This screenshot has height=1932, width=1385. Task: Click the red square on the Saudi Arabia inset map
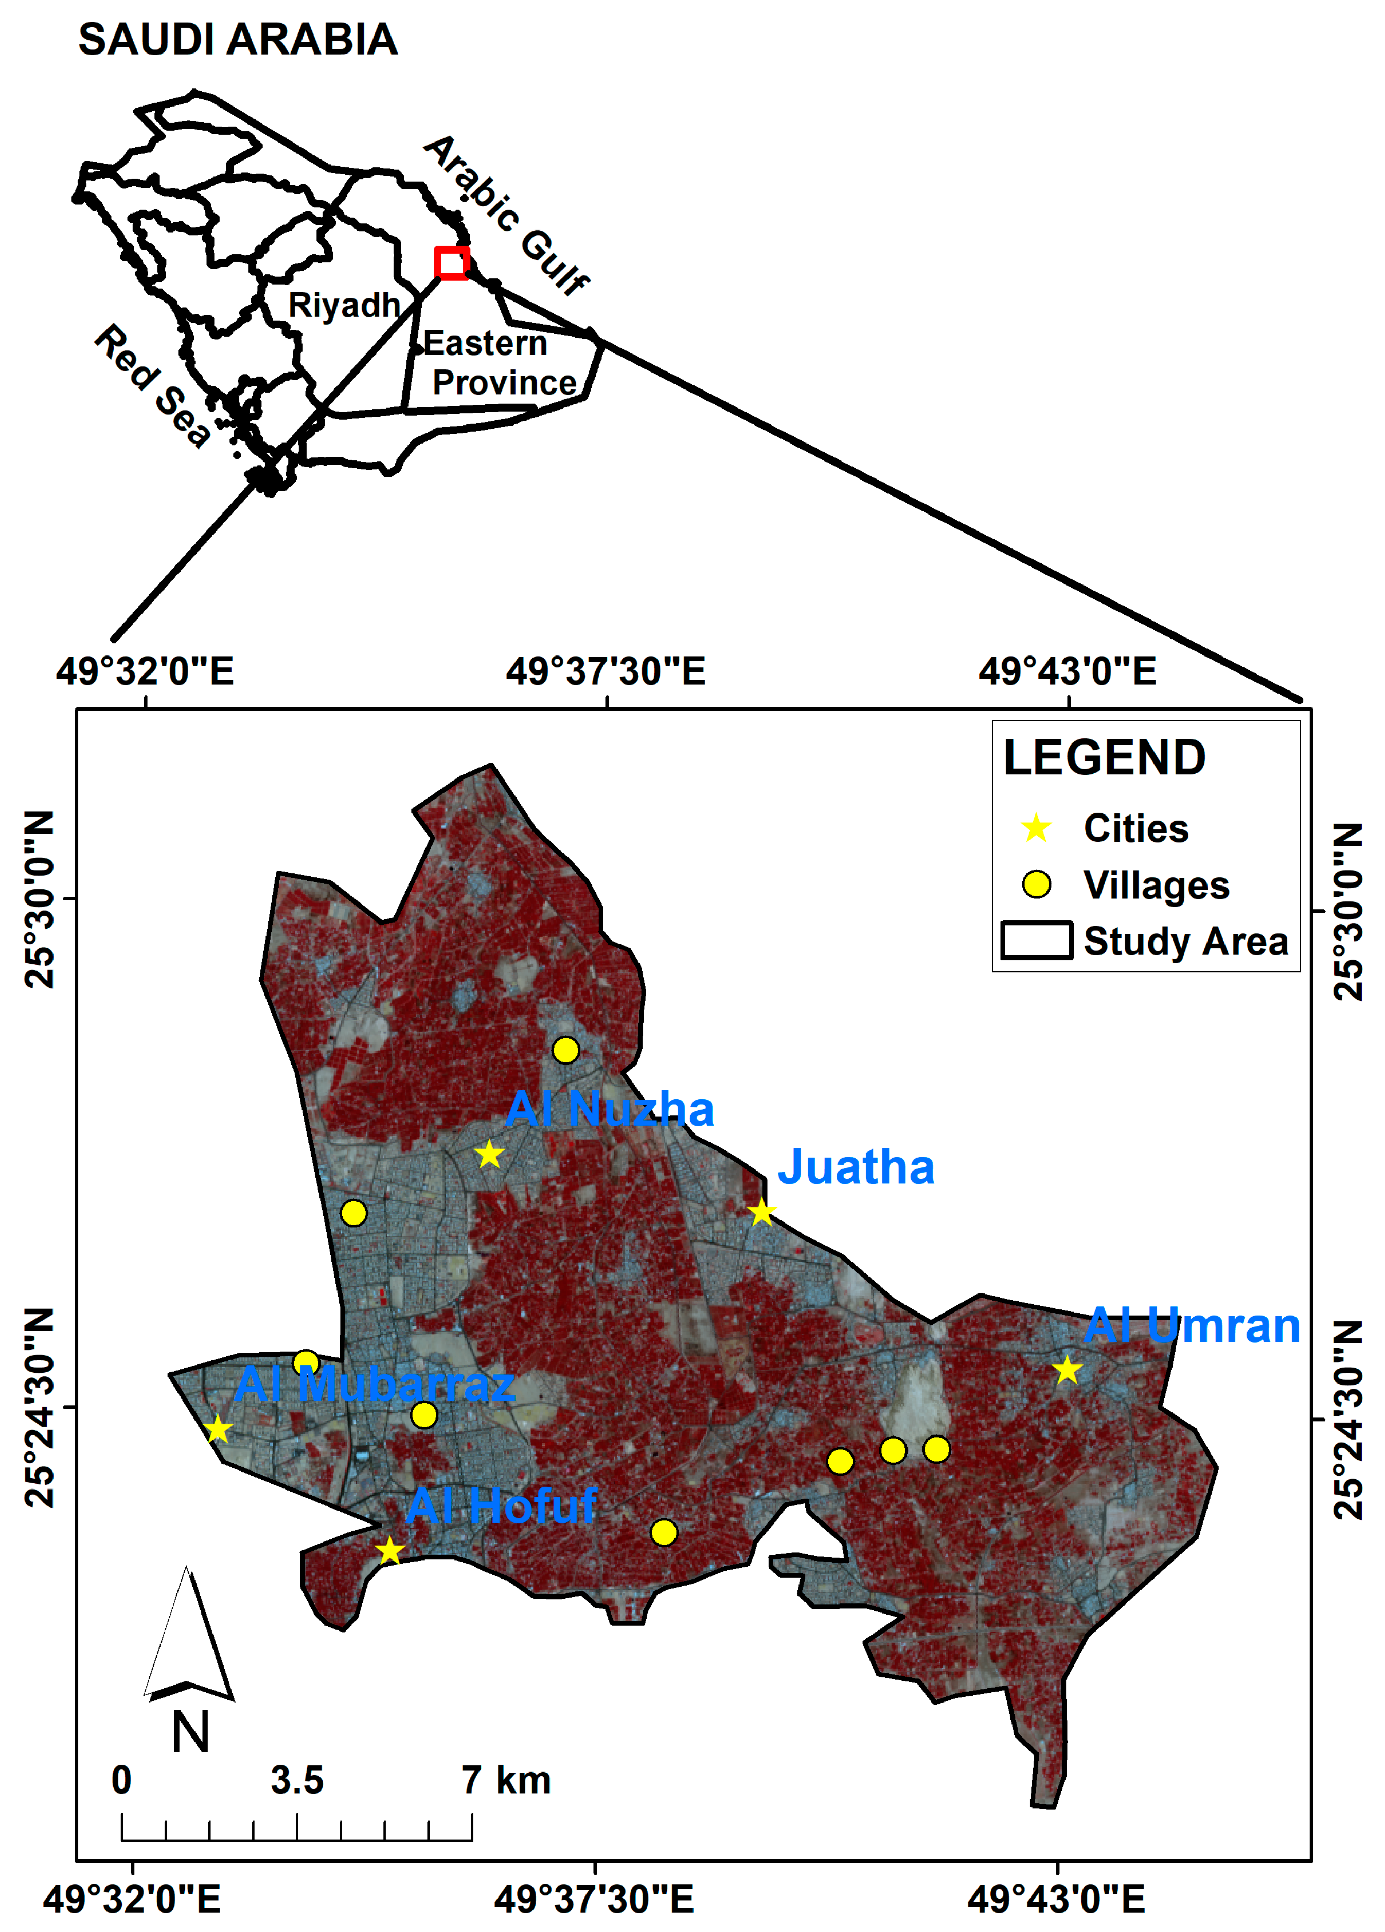coord(451,262)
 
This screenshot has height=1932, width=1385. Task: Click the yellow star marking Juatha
coord(761,1211)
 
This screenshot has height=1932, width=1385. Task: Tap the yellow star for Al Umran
coord(1067,1371)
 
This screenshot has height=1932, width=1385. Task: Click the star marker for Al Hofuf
coord(389,1550)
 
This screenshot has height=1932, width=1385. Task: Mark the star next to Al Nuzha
coord(489,1154)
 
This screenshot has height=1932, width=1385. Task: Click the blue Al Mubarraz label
coord(375,1384)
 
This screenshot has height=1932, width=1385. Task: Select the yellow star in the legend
coord(1036,827)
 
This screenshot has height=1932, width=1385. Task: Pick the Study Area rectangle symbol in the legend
coord(1036,941)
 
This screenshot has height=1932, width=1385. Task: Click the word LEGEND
coord(1104,757)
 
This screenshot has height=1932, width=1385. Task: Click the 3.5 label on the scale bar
coord(297,1780)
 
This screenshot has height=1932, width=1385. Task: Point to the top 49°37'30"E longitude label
coord(606,671)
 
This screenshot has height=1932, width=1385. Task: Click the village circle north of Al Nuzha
coord(565,1050)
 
